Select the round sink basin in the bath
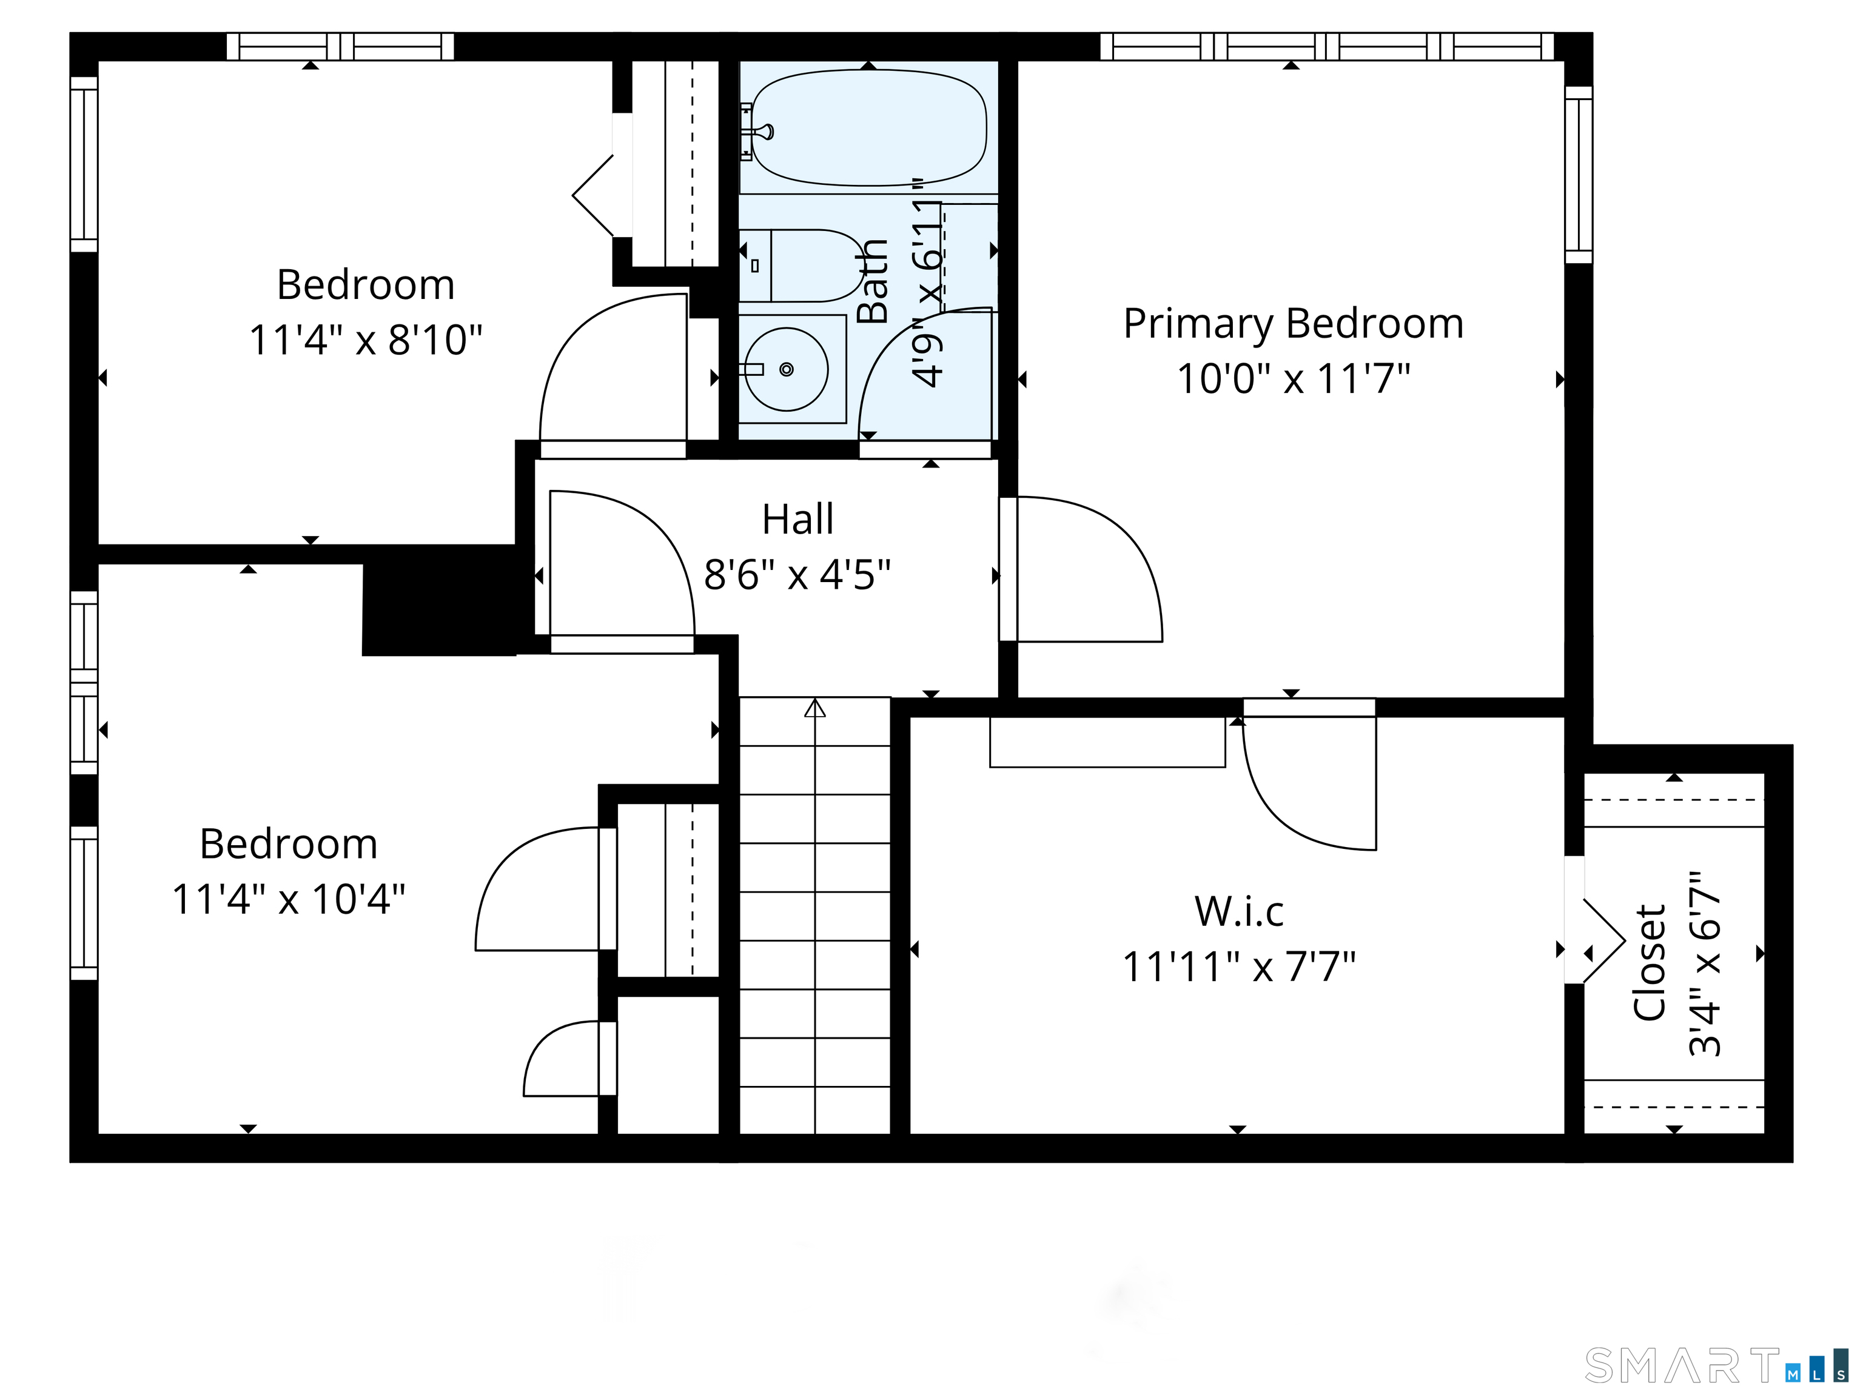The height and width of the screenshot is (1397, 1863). click(787, 369)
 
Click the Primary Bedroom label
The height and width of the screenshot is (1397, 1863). click(1293, 325)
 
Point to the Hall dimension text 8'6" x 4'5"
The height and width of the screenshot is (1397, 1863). click(797, 575)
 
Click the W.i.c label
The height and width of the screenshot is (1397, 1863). click(1239, 911)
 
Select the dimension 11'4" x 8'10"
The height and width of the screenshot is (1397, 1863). click(366, 340)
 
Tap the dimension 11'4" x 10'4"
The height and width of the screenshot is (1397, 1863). click(288, 899)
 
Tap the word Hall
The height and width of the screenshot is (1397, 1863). click(797, 520)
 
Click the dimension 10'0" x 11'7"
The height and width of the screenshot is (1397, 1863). click(1293, 379)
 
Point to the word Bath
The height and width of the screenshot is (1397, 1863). click(873, 281)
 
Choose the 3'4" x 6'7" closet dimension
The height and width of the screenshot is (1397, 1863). click(1705, 963)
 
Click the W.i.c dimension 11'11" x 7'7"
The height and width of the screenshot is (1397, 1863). click(1239, 967)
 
